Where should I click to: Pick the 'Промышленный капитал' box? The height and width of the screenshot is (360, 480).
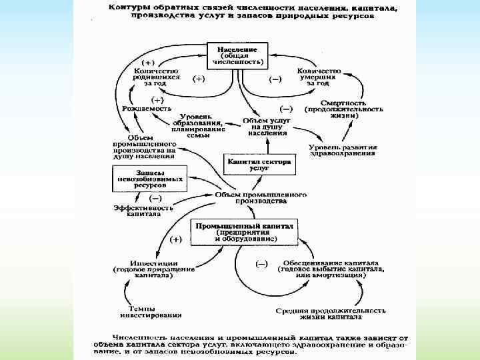244,231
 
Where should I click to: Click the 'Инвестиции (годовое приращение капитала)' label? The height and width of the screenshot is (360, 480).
153,269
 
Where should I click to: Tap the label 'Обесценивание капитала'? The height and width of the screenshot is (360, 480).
331,263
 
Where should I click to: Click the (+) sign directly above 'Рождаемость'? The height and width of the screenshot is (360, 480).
143,98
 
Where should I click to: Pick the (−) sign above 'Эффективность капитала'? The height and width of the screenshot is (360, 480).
156,197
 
